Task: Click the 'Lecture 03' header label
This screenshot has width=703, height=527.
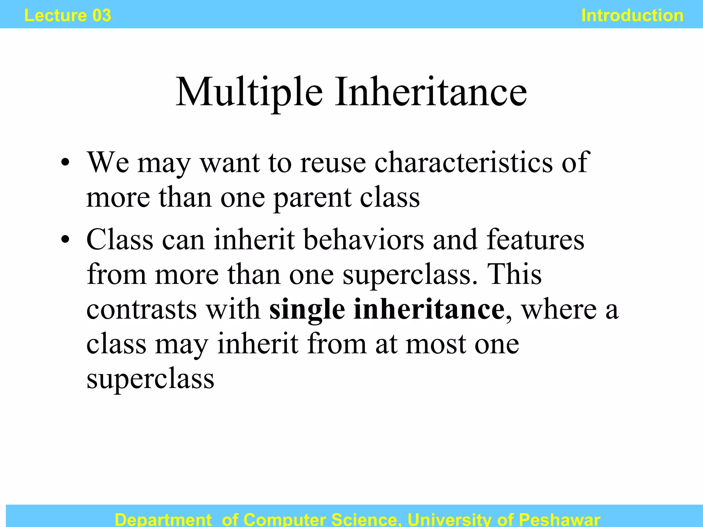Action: (68, 15)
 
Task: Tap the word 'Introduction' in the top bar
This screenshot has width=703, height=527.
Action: (632, 15)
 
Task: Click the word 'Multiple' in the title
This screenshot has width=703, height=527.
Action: (249, 92)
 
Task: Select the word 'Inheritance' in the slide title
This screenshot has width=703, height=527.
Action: (431, 92)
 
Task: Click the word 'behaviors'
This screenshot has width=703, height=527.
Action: (364, 239)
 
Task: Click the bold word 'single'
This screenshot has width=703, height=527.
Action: (307, 310)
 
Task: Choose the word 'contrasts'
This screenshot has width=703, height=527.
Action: (141, 309)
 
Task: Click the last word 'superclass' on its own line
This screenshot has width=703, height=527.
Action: (150, 379)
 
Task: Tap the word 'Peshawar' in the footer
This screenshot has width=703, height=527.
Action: (560, 519)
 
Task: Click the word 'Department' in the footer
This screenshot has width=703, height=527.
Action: (163, 519)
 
